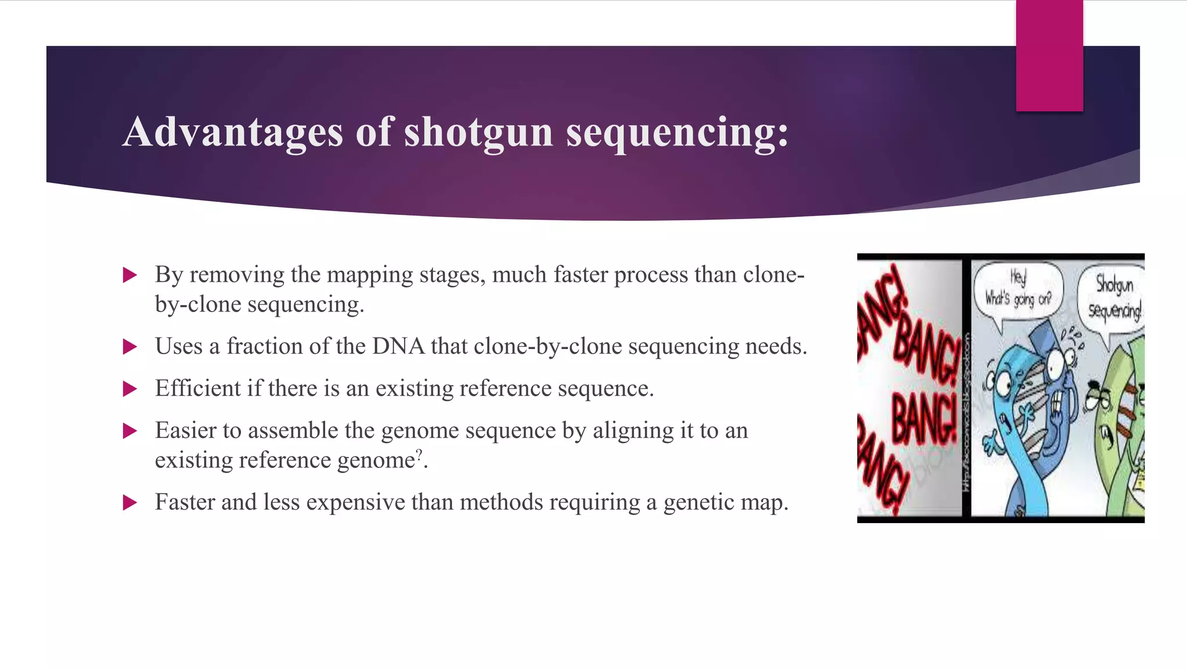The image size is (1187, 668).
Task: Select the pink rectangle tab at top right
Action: click(1049, 56)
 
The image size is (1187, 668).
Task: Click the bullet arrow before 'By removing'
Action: click(130, 275)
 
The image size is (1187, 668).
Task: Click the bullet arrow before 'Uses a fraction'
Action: click(130, 347)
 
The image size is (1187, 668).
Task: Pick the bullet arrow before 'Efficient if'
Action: click(130, 389)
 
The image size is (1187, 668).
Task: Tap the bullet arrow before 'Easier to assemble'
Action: click(130, 431)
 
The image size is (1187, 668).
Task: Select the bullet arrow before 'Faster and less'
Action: click(130, 503)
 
